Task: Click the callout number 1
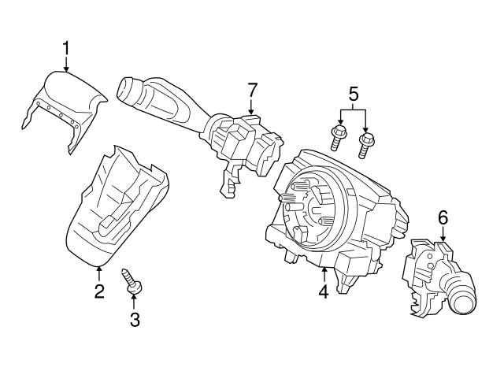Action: coord(66,49)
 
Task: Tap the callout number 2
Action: coord(99,292)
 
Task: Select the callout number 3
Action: coord(134,319)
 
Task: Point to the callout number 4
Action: coord(323,292)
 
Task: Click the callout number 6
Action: coord(443,215)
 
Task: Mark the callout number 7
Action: coord(252,91)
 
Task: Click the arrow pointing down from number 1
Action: coord(66,66)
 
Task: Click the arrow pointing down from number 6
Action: coord(443,234)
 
